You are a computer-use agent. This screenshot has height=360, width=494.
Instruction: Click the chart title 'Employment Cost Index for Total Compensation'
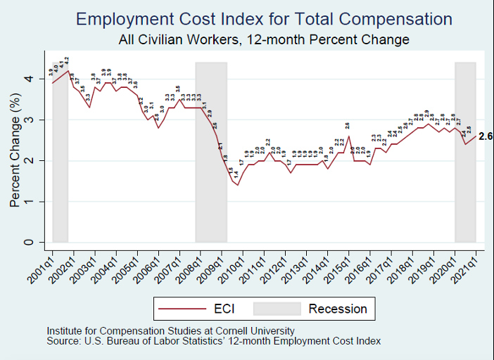point(264,19)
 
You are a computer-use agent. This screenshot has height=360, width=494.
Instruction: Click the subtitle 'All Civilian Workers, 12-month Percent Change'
point(264,40)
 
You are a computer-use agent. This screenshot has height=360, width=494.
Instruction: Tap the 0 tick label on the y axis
point(29,243)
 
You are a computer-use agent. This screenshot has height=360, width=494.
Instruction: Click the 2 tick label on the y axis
point(29,161)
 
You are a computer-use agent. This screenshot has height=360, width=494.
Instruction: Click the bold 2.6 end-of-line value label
point(486,136)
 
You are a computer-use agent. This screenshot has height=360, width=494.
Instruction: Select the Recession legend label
point(338,309)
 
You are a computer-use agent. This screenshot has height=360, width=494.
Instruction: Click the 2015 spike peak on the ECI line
point(347,136)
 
